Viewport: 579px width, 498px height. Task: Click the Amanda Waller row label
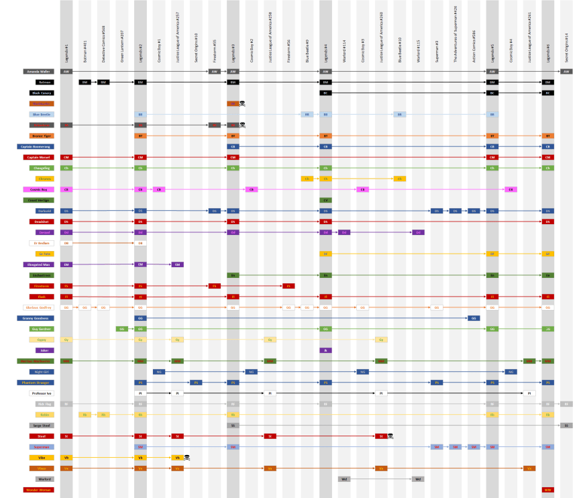tap(41, 71)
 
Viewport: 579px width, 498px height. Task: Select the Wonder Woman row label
tap(41, 490)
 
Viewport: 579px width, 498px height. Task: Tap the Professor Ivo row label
tap(41, 393)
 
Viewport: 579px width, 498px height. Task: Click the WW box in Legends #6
tap(548, 490)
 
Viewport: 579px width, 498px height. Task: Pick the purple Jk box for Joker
tap(325, 350)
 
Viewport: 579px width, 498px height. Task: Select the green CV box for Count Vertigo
tap(325, 200)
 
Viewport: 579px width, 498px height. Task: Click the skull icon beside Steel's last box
tap(390, 436)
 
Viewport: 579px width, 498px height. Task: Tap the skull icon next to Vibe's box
tap(188, 458)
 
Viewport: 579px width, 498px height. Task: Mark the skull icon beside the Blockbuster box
tap(242, 103)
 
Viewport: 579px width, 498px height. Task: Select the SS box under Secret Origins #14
tap(566, 426)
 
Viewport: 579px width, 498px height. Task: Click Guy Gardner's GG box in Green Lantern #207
tap(121, 329)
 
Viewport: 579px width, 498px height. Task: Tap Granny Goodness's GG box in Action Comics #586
tap(474, 318)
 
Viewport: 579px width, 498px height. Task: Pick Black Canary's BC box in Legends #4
tap(325, 93)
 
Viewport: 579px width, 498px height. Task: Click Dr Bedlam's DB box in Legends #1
tap(66, 243)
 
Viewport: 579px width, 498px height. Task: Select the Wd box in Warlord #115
tap(417, 479)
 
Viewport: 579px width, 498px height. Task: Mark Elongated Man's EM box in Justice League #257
tap(177, 264)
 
